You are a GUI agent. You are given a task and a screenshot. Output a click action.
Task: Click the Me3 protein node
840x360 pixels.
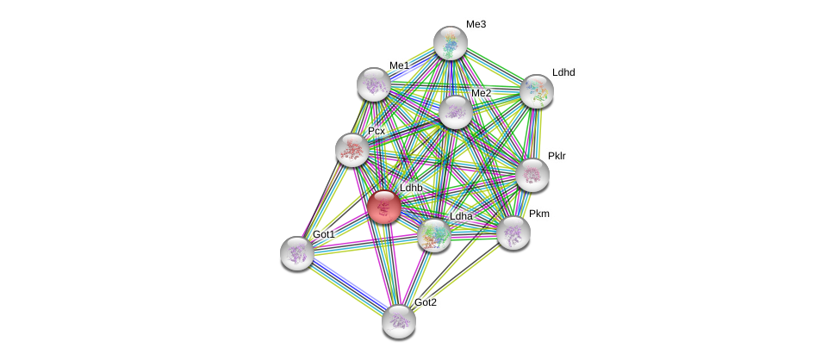(x=450, y=43)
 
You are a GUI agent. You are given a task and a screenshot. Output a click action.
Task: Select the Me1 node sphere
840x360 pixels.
(x=374, y=84)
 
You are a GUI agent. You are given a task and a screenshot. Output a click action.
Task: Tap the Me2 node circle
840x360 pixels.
(x=455, y=112)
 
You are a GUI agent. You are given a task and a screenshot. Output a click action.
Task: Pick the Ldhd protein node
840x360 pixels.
(x=536, y=91)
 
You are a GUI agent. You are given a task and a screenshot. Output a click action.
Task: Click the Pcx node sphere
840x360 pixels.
(x=352, y=150)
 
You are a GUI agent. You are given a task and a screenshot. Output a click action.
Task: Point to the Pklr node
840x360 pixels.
(x=532, y=175)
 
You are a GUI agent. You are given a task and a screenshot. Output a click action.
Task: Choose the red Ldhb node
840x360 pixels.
(x=384, y=207)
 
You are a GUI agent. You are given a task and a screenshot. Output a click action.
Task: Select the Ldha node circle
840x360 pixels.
(x=434, y=234)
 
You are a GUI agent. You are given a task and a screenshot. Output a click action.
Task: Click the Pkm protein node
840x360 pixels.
(x=513, y=233)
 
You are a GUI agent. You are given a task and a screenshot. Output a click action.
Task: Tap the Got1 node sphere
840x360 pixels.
(x=297, y=253)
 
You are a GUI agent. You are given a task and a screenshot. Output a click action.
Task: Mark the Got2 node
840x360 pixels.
(x=399, y=321)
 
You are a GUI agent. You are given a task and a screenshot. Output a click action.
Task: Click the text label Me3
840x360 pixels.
(x=476, y=24)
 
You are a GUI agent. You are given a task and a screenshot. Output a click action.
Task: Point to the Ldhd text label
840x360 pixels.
(x=563, y=72)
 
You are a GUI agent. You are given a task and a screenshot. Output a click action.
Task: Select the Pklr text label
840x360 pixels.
(x=557, y=156)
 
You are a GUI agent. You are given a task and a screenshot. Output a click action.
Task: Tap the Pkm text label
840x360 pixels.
(x=539, y=214)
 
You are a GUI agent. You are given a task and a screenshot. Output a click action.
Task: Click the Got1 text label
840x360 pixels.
(x=324, y=234)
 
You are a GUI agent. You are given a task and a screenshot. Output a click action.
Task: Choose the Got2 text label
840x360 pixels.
(x=426, y=302)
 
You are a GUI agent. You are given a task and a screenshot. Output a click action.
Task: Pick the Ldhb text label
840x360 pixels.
(x=411, y=188)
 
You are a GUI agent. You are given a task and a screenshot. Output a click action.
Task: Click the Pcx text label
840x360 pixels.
(x=376, y=131)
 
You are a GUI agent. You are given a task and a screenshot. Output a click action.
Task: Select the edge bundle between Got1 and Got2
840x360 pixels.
(x=348, y=288)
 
